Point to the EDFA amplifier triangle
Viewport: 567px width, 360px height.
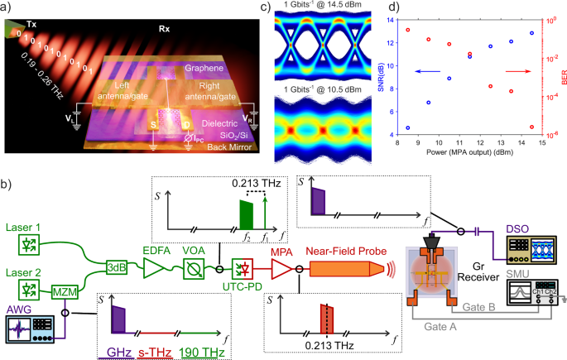pyautogui.click(x=155, y=266)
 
